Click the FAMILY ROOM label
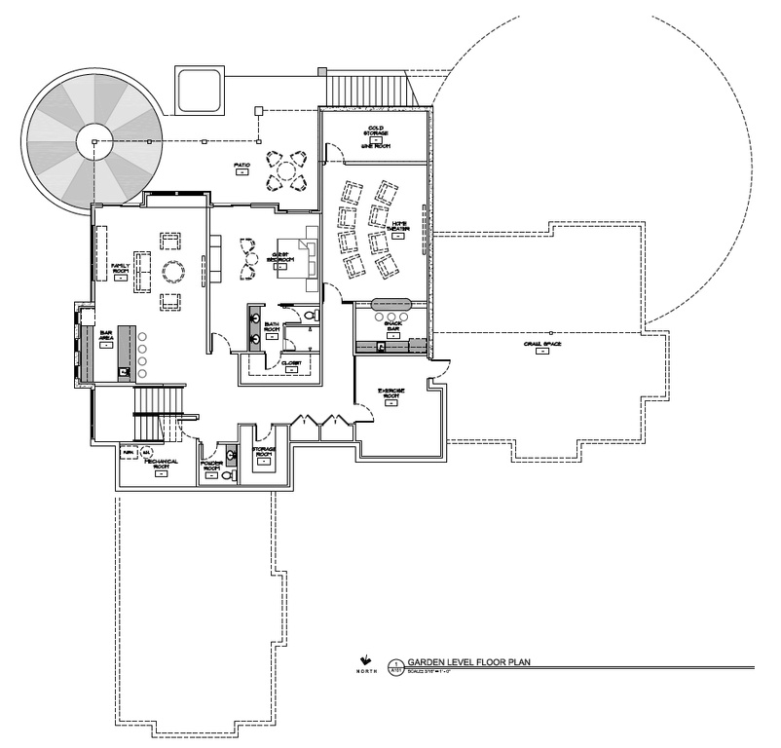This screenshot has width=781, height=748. (120, 267)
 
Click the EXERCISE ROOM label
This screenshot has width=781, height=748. (391, 395)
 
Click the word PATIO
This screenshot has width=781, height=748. (242, 166)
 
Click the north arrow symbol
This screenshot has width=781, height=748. (364, 658)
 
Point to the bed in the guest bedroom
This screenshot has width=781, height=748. (299, 255)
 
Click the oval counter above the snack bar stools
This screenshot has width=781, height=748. (390, 303)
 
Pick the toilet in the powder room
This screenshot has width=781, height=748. (228, 476)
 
